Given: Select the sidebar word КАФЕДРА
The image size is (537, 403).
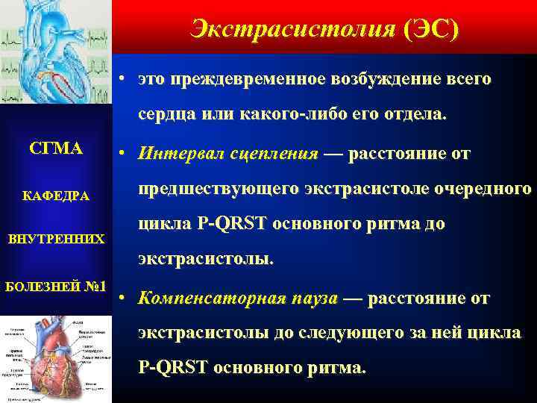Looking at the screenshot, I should click(x=56, y=196).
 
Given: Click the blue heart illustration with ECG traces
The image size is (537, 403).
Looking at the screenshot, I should click(x=56, y=52).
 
